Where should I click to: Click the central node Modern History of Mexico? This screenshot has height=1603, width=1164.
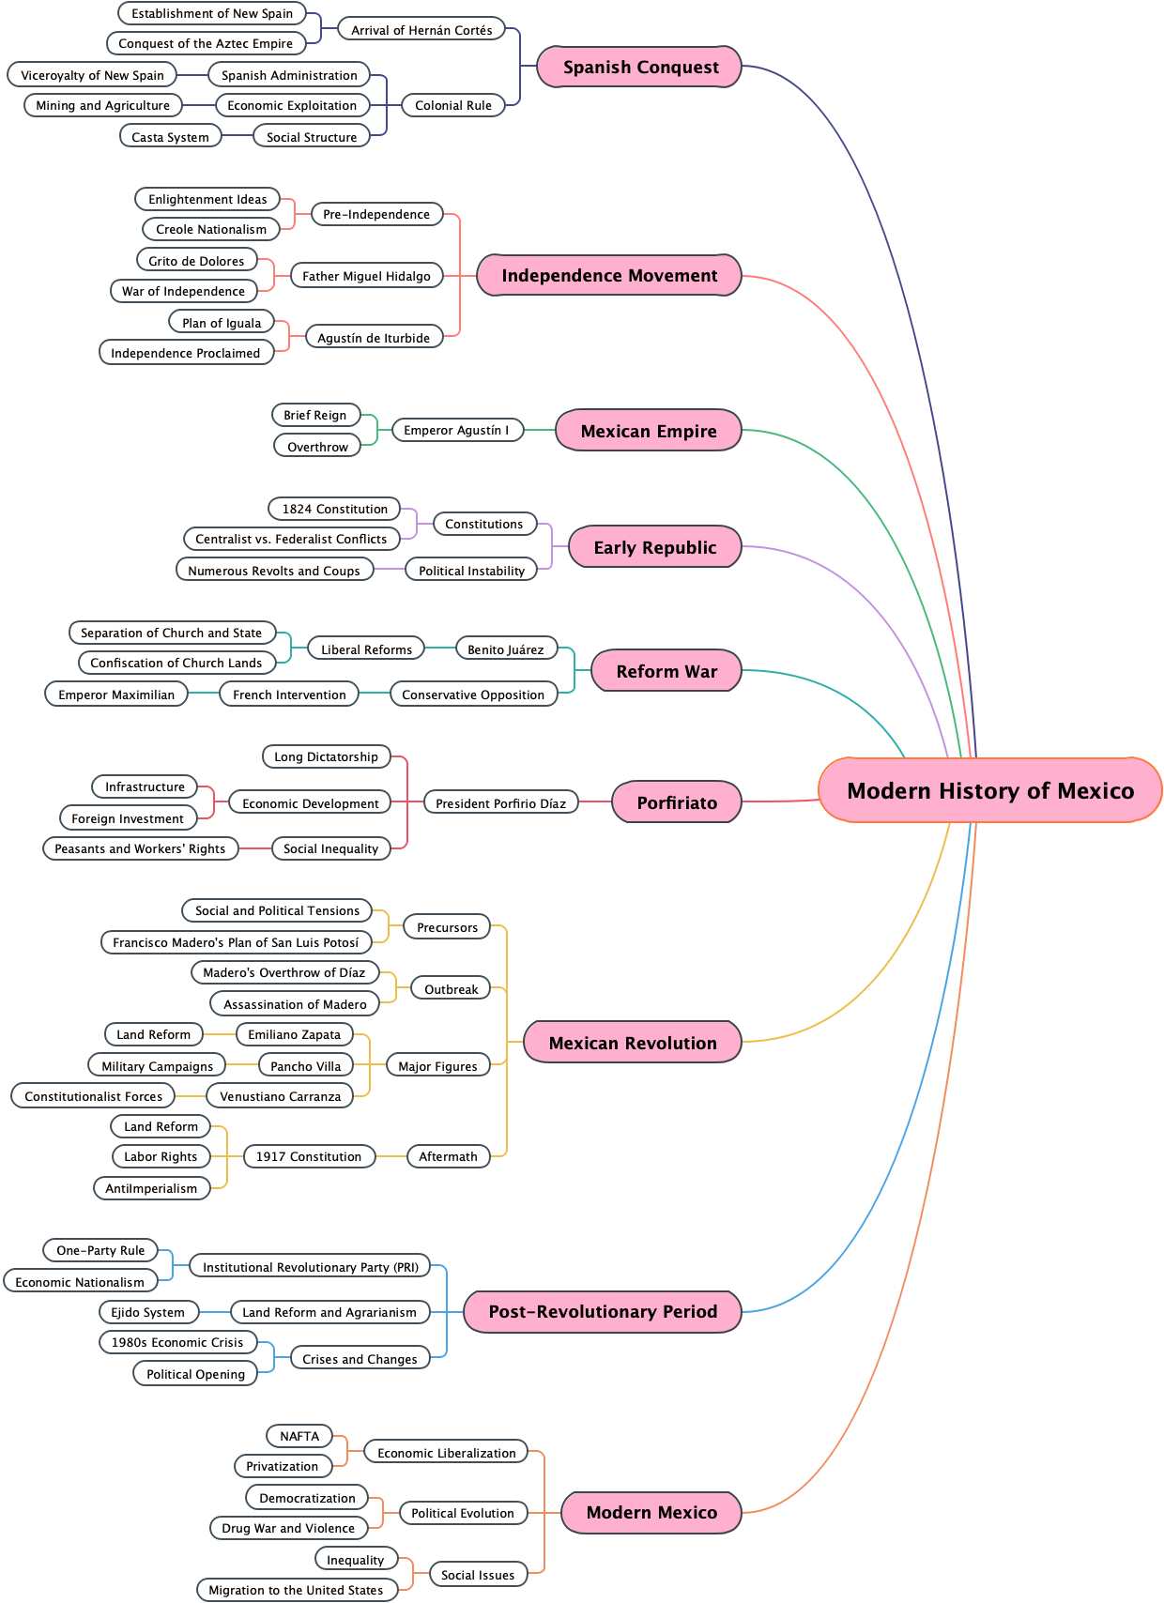(x=990, y=790)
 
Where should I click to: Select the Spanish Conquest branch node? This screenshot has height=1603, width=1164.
(x=640, y=67)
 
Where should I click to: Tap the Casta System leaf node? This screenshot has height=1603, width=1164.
(x=170, y=137)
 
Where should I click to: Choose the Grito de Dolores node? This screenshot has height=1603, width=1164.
(x=196, y=261)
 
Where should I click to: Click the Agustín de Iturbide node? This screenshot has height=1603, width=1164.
(x=374, y=338)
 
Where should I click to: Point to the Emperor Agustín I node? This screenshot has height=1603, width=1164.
(x=456, y=430)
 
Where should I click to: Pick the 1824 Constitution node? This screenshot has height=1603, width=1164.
(x=334, y=509)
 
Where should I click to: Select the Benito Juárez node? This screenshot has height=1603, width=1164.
(x=505, y=649)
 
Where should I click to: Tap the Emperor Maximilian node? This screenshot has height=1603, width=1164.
(x=116, y=695)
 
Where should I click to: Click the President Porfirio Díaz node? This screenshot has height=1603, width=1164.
(x=500, y=803)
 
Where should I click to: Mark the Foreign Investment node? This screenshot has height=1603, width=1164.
(x=128, y=818)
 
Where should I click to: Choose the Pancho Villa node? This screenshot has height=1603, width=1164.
(x=305, y=1066)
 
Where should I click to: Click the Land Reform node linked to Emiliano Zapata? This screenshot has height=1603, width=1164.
(x=153, y=1034)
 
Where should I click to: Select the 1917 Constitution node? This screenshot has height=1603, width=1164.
(x=308, y=1156)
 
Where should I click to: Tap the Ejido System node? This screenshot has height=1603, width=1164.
(x=148, y=1312)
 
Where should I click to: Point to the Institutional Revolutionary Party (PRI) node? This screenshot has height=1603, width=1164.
(x=311, y=1267)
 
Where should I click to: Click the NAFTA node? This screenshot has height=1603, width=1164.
(x=299, y=1436)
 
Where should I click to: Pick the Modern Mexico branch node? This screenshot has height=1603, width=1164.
(x=651, y=1512)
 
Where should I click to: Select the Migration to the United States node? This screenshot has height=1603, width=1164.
(x=296, y=1590)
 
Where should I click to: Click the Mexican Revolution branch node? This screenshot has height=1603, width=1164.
(x=633, y=1043)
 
